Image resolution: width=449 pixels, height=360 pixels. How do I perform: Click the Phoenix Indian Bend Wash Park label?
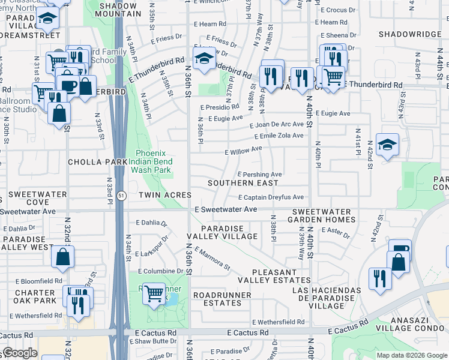pyautogui.click(x=154, y=161)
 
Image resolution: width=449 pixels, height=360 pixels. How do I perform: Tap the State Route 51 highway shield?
pyautogui.click(x=121, y=196)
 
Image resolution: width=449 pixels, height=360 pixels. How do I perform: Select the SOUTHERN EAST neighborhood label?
pyautogui.click(x=243, y=183)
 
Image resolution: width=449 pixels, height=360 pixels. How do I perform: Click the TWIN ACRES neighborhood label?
pyautogui.click(x=164, y=195)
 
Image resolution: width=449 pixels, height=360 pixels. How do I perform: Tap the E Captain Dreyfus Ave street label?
pyautogui.click(x=271, y=197)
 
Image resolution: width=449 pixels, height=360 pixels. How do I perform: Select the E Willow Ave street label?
pyautogui.click(x=243, y=149)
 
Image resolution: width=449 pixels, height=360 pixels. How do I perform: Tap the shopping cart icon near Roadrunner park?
pyautogui.click(x=154, y=293)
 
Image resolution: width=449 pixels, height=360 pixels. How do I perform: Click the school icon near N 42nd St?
pyautogui.click(x=388, y=145)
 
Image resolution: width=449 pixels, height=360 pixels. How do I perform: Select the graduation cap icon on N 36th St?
pyautogui.click(x=205, y=58)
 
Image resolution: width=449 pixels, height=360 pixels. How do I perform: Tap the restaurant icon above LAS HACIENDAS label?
pyautogui.click(x=379, y=278)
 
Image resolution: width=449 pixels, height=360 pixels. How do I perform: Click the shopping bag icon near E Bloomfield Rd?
pyautogui.click(x=63, y=258)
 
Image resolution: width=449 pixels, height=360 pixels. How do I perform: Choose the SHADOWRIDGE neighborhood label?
pyautogui.click(x=410, y=34)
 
